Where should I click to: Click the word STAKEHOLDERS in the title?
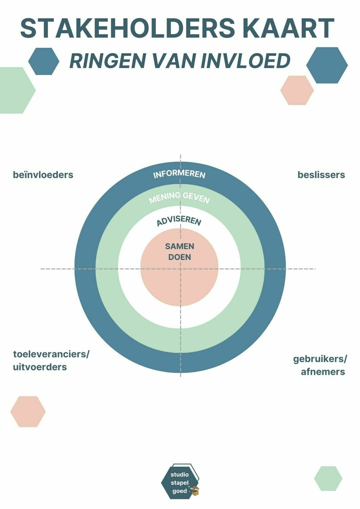point(127,29)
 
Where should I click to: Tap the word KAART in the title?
point(288,29)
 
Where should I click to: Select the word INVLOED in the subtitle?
point(245,61)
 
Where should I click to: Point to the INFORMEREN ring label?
point(179,174)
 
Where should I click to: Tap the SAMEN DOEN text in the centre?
point(180,251)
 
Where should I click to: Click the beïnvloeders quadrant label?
point(43,175)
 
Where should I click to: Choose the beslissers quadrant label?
point(321,175)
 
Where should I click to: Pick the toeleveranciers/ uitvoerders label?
point(51,360)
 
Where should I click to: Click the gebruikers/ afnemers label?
point(320,365)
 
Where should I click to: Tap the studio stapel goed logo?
point(180,482)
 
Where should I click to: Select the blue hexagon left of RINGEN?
point(44,61)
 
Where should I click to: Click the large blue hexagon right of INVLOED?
point(327,65)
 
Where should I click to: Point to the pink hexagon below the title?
point(297,90)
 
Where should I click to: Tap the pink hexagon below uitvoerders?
point(28,411)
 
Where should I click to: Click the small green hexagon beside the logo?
point(328,478)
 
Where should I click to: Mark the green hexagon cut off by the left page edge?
point(15,90)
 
